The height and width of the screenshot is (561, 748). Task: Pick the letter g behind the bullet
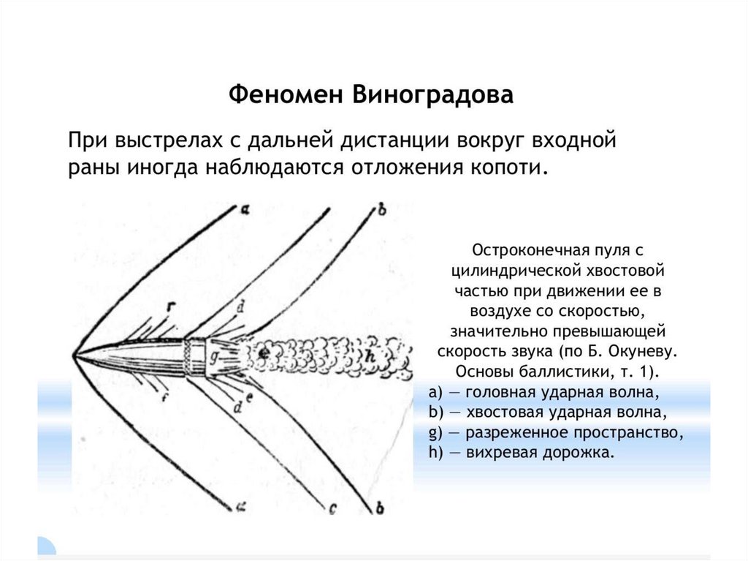[214, 357]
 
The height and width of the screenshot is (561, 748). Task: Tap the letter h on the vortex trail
[371, 355]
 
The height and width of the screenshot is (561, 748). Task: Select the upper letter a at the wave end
[245, 210]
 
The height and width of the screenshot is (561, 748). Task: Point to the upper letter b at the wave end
[381, 211]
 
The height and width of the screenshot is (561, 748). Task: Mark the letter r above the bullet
[169, 305]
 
